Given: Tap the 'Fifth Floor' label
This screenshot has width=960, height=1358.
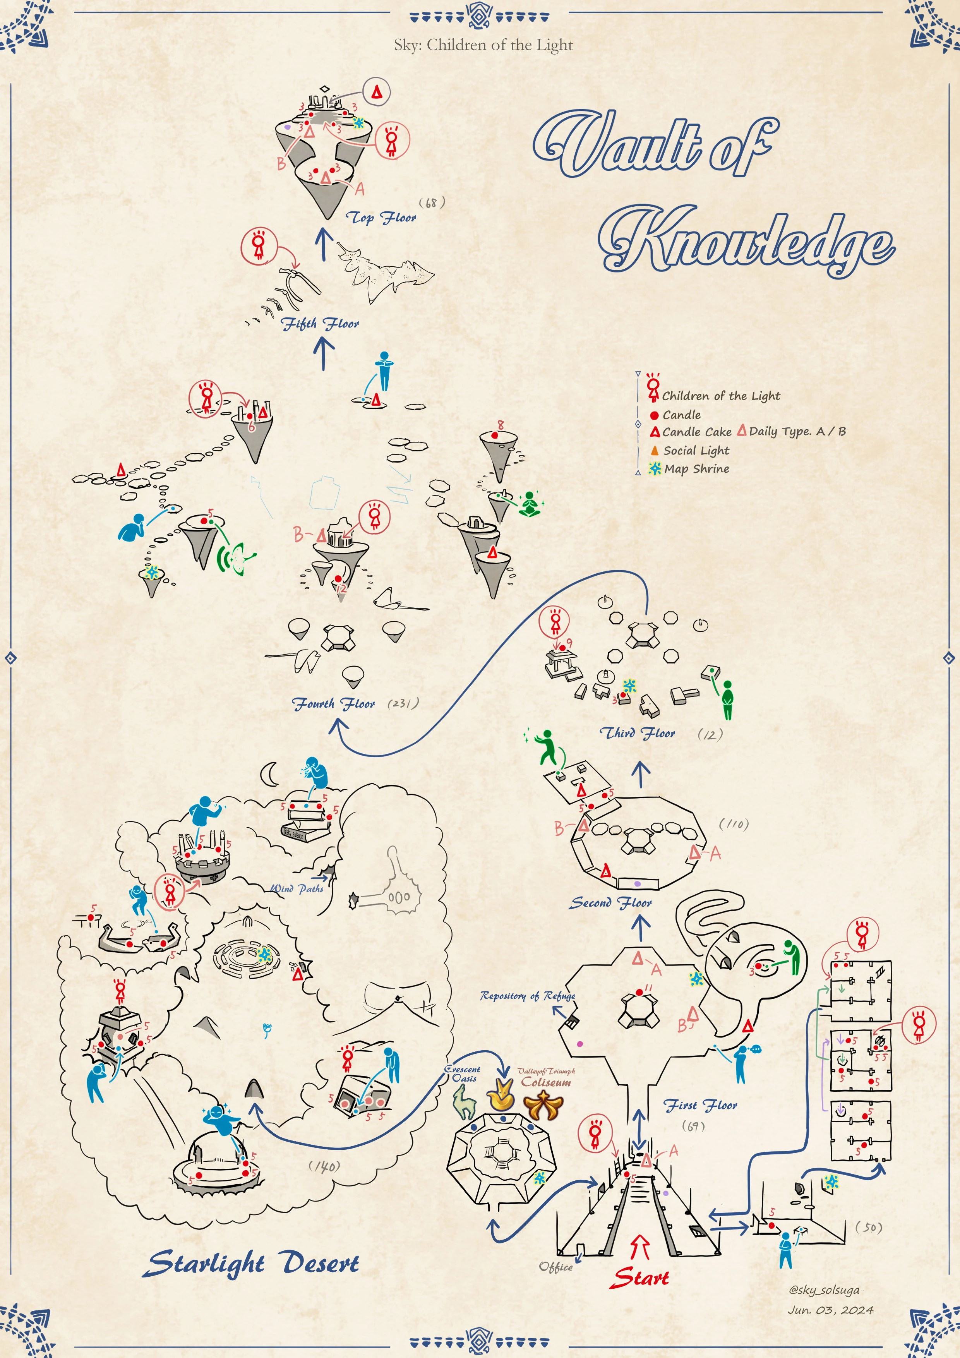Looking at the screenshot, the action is pos(320,324).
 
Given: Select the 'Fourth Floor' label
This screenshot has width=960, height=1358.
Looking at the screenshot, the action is pos(334,703).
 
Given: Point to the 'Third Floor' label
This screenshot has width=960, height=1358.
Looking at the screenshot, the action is pos(638,733).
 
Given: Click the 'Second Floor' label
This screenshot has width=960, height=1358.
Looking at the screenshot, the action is pos(611,903).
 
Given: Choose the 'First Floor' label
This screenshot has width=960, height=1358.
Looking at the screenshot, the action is pos(700,1105).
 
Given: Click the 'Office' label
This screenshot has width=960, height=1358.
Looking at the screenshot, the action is pos(555,1266).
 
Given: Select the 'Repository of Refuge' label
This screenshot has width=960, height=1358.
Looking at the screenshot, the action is pos(528,996).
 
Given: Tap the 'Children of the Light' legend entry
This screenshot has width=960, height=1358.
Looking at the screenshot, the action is pos(720,396).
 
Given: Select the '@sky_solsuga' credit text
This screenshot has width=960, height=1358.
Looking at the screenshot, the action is pos(824,1289).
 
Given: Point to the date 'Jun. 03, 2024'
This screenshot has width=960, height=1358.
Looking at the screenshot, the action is pos(830,1310).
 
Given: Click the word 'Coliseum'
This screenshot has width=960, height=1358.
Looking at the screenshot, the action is pos(546,1082).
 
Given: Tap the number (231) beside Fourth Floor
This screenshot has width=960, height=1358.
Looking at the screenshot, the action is pos(403,703).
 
